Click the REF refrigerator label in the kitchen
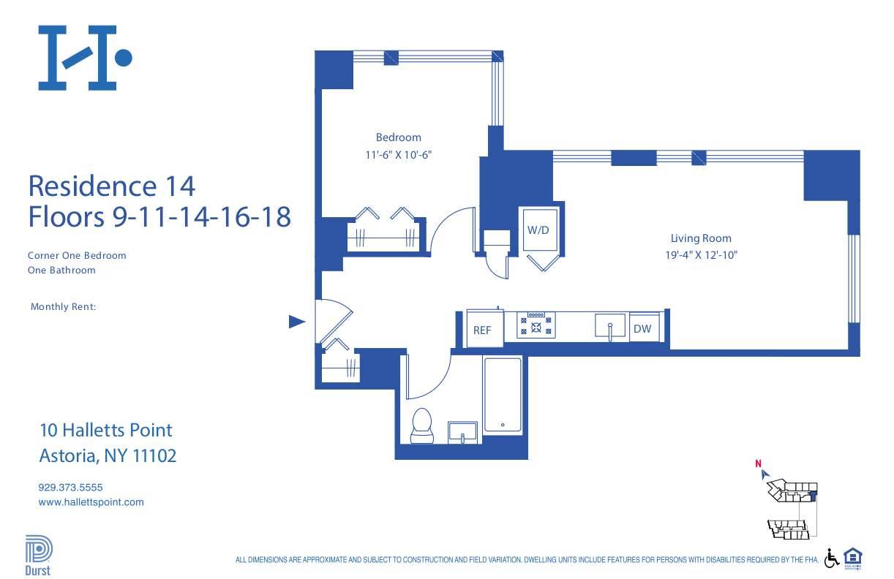click(x=481, y=330)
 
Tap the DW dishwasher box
click(x=642, y=329)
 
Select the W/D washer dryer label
click(x=538, y=230)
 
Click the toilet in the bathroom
click(x=422, y=426)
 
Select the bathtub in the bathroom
click(x=503, y=395)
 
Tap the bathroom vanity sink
click(x=462, y=431)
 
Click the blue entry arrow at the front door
click(x=296, y=321)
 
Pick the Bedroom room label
click(x=398, y=137)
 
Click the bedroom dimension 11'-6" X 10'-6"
click(x=398, y=155)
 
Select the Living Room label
click(x=701, y=238)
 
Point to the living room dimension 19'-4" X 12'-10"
click(x=701, y=256)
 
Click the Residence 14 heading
click(x=111, y=186)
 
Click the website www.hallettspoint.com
click(x=91, y=502)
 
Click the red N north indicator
click(x=759, y=463)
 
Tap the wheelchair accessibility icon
click(x=832, y=558)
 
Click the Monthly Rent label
click(x=63, y=307)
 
